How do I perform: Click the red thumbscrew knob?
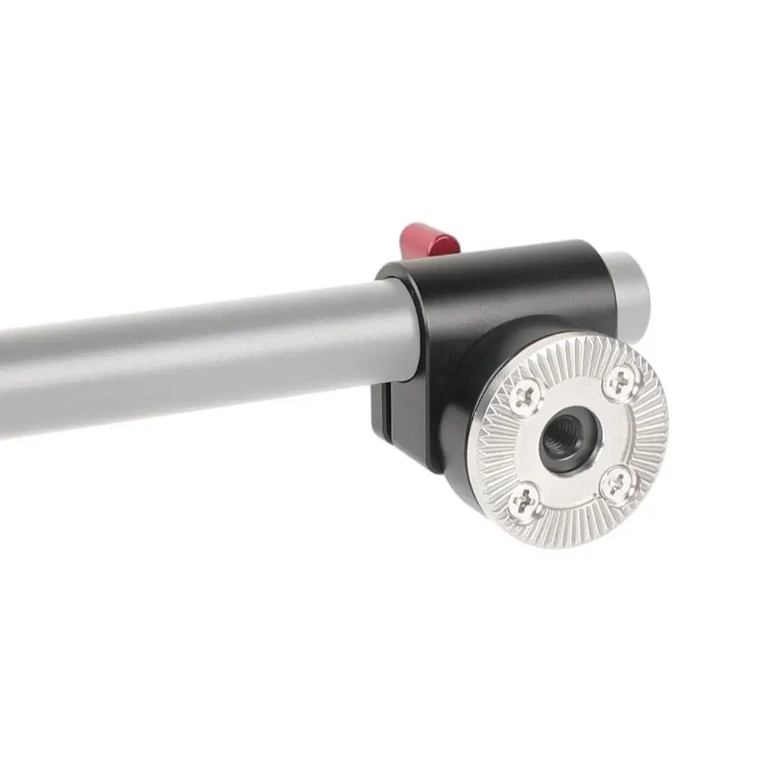pos(430,240)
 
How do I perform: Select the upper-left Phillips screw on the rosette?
pos(523,397)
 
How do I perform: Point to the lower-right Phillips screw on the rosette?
pos(617,484)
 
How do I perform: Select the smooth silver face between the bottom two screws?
pos(572,495)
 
